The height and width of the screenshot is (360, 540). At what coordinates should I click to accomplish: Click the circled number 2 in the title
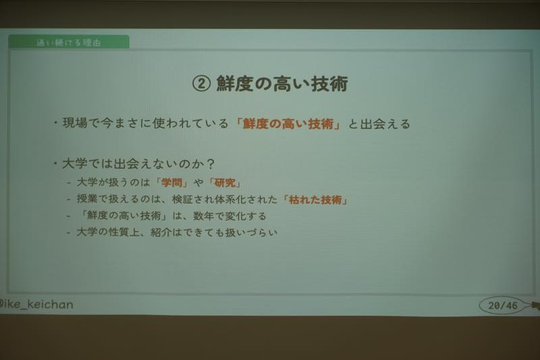(x=201, y=84)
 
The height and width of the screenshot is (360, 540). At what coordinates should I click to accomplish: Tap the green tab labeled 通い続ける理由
(x=69, y=42)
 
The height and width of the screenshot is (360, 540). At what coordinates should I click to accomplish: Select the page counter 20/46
(x=502, y=305)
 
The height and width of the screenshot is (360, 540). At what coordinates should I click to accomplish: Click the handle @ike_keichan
(x=36, y=305)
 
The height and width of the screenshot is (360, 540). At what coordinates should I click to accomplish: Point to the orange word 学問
(x=172, y=182)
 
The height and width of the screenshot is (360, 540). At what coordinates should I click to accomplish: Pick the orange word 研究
(x=225, y=182)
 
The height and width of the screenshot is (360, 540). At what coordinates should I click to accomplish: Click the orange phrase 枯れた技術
(x=315, y=199)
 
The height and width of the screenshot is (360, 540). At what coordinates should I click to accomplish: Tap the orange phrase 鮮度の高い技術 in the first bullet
(x=288, y=124)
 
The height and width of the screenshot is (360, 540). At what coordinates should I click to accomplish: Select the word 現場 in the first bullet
(x=75, y=123)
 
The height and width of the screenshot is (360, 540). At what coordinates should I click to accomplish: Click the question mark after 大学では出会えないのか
(x=211, y=163)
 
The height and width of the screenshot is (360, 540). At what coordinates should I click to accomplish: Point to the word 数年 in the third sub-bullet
(x=204, y=216)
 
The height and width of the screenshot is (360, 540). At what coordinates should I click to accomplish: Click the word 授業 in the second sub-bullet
(x=87, y=199)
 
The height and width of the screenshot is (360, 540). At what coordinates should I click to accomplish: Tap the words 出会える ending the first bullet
(x=385, y=124)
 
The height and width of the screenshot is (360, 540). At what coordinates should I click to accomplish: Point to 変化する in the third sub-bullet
(x=246, y=216)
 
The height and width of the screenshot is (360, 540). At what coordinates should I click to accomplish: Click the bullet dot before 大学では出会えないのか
(x=55, y=163)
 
